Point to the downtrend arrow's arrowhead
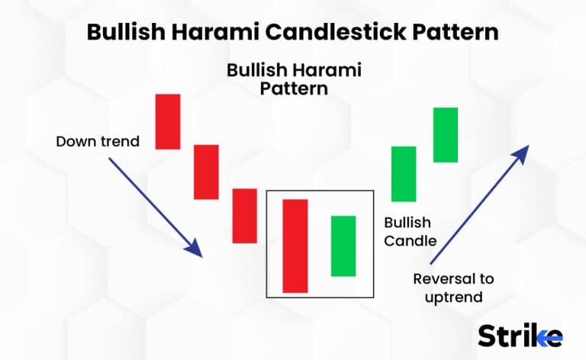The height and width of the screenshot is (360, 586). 195,249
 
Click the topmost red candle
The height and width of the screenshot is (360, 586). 168,121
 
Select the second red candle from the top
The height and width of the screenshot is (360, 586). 206,172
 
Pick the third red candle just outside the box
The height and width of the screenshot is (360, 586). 244,215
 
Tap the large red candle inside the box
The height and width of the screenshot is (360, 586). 295,245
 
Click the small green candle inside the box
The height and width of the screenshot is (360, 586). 343,246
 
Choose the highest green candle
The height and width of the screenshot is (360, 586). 446,135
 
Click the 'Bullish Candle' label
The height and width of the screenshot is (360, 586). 410,232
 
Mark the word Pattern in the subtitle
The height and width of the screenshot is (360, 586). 293,88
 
